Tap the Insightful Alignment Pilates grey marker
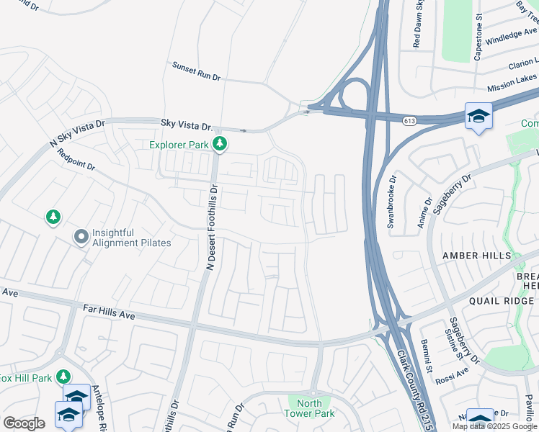click(81, 236)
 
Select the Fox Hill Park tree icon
click(64, 377)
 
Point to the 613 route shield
click(409, 120)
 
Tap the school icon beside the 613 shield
click(478, 116)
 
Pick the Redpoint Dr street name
click(76, 159)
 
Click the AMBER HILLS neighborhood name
click(476, 256)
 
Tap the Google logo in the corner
click(24, 423)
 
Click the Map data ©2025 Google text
click(494, 426)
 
